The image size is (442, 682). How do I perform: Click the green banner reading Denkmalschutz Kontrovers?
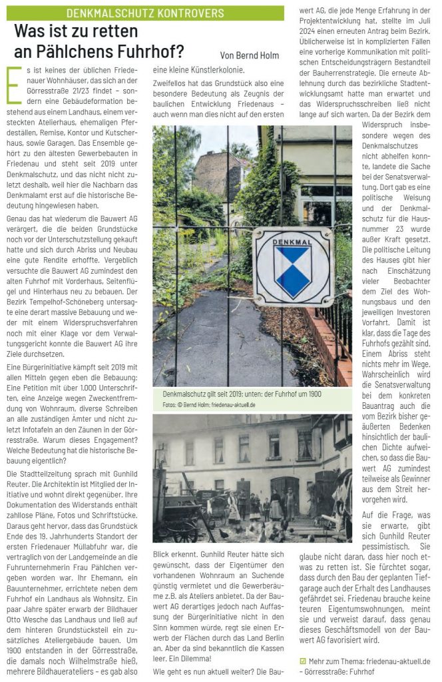point(144,13)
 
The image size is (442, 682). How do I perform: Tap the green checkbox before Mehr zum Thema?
point(303,661)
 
